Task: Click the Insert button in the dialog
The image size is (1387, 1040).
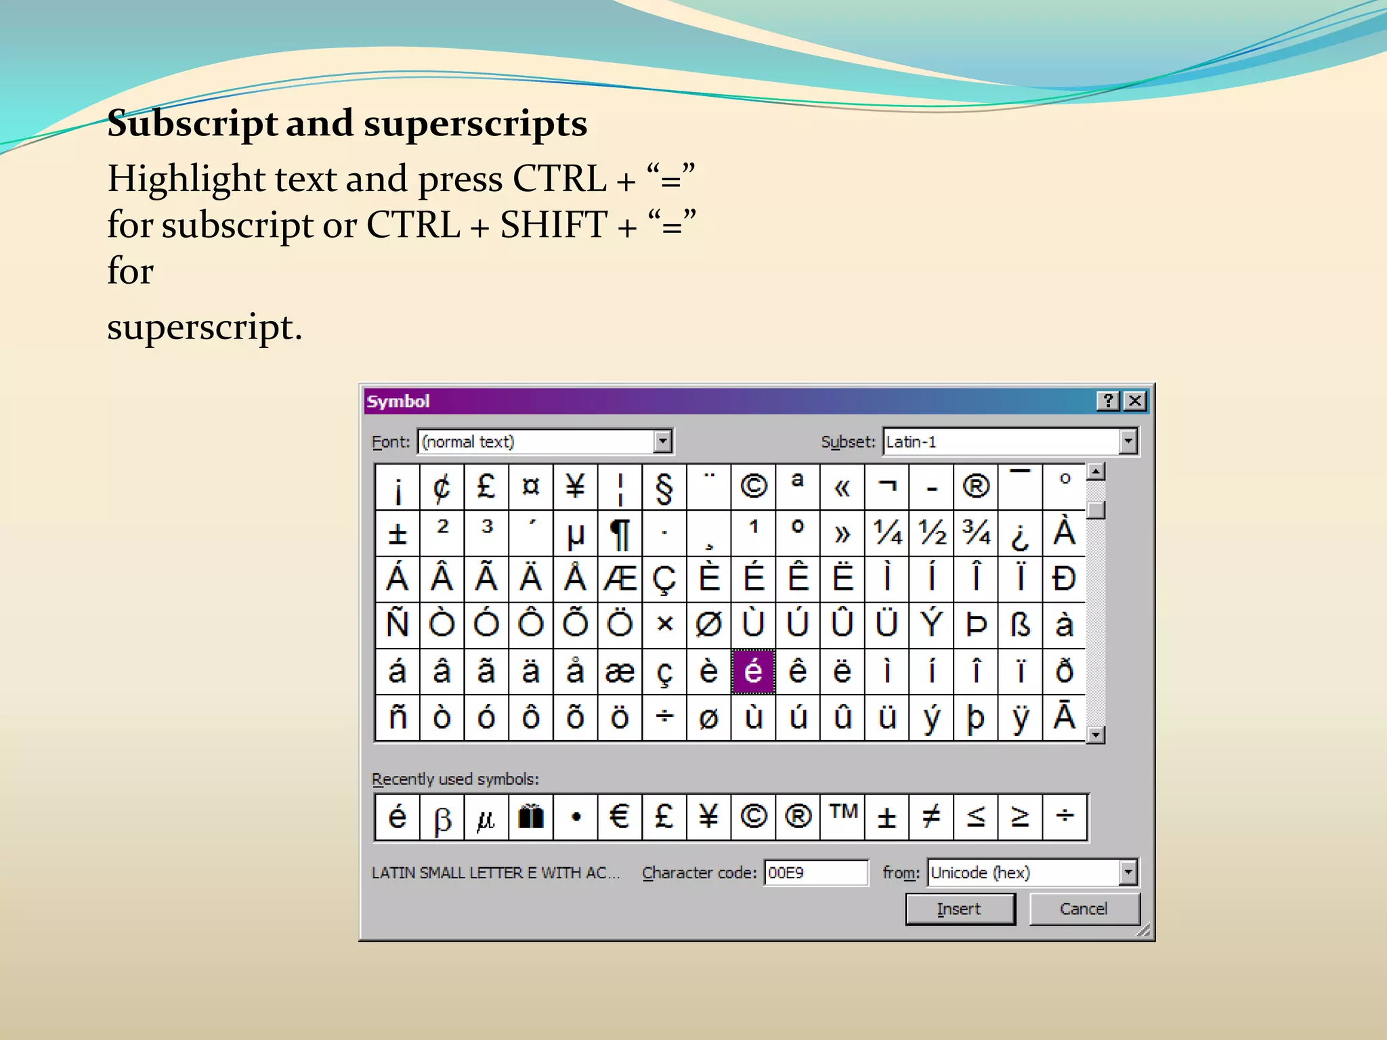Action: coord(960,909)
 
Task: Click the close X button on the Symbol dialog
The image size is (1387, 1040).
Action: coord(1135,401)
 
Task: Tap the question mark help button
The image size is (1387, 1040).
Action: coord(1109,401)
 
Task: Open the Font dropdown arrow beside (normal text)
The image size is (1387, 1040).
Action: coord(663,441)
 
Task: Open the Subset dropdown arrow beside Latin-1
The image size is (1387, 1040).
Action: coord(1128,441)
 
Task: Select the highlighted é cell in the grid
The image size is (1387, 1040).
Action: coord(753,671)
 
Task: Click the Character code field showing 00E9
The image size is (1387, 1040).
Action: coord(815,872)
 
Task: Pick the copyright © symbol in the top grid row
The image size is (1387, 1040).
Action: coord(753,487)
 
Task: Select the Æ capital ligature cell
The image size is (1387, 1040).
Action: coord(620,579)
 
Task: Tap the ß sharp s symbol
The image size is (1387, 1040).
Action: coord(1020,625)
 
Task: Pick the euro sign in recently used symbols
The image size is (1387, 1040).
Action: coord(620,817)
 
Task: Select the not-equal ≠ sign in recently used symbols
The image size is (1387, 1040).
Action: coord(931,817)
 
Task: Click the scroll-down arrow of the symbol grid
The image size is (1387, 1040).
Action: coord(1095,735)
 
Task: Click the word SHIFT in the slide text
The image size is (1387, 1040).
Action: coord(553,225)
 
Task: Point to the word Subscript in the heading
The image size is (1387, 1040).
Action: coord(192,124)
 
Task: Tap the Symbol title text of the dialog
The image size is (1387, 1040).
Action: coord(398,402)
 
